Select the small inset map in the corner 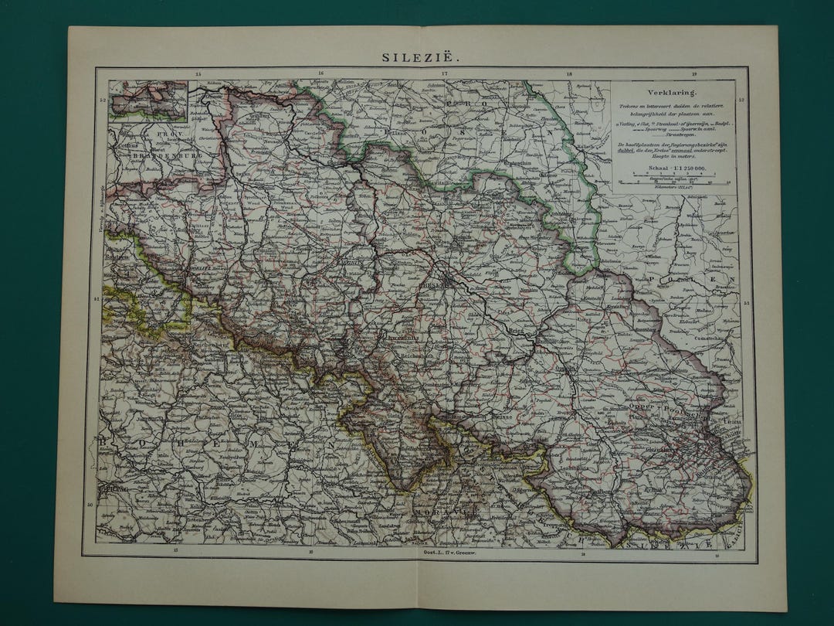click(148, 100)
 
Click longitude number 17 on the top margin click(445, 74)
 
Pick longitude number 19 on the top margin click(693, 74)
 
